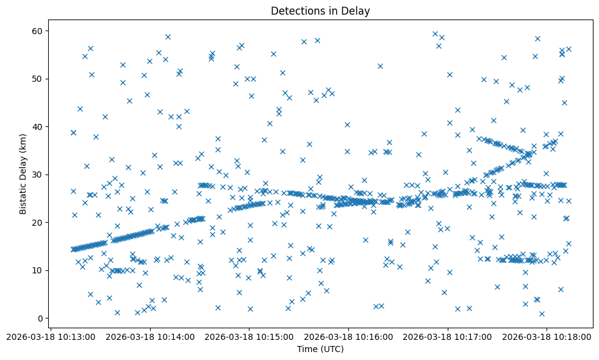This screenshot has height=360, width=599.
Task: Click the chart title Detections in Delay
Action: coord(320,11)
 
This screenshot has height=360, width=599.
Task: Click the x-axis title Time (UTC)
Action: coord(320,349)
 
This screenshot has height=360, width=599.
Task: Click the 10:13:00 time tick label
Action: coord(51,336)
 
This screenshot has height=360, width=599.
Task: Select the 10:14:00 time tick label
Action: coord(151,336)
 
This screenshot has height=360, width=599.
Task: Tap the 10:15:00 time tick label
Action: coord(249,336)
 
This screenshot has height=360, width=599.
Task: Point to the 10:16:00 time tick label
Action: coord(349,336)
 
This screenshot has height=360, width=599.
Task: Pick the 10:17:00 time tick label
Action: coord(448,336)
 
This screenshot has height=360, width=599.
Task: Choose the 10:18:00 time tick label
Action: coord(547,336)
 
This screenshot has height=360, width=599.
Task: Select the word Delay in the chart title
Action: coord(357,11)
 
